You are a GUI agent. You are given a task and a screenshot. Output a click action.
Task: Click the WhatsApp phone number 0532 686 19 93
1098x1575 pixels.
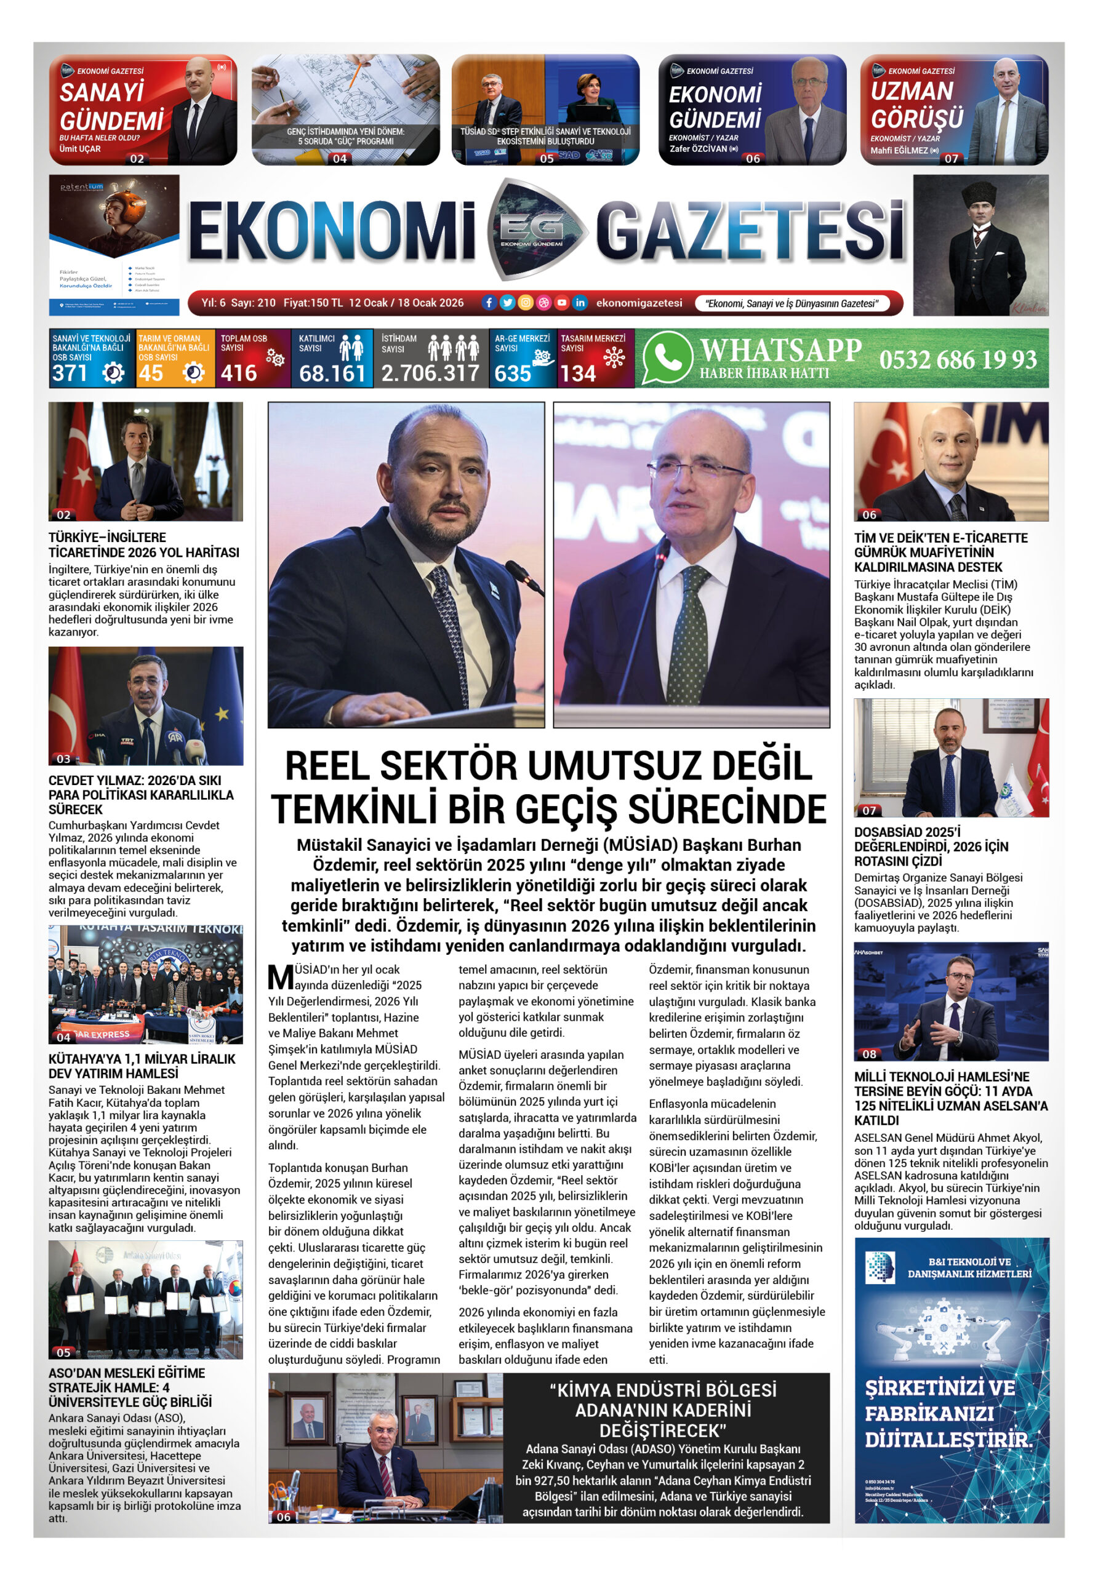(x=957, y=359)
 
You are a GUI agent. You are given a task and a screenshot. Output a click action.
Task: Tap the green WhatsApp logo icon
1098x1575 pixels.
(x=666, y=357)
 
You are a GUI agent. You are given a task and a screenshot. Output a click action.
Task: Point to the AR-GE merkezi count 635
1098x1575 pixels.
(x=513, y=373)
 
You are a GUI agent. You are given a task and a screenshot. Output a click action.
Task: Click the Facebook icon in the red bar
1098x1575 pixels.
(x=489, y=303)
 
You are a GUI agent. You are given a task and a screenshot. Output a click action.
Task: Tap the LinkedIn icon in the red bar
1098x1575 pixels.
(x=580, y=303)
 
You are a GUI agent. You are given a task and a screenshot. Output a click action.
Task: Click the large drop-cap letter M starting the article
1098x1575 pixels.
(x=281, y=977)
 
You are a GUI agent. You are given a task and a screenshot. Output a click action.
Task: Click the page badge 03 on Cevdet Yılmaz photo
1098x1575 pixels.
(x=64, y=759)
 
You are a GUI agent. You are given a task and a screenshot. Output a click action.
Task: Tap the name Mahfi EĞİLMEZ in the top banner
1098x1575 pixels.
(x=899, y=150)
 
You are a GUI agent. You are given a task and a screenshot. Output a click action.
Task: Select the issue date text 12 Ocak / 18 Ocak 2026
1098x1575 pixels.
(x=406, y=303)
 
